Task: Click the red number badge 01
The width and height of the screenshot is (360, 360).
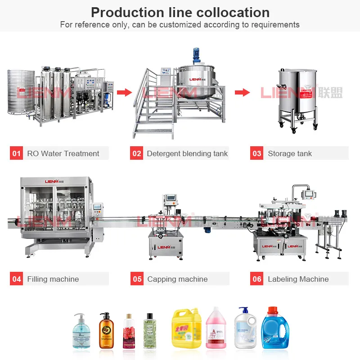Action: pos(17,153)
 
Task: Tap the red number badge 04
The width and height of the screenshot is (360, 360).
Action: pos(17,279)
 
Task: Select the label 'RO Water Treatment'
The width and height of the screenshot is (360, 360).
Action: pos(63,153)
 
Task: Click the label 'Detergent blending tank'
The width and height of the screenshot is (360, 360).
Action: pos(187,153)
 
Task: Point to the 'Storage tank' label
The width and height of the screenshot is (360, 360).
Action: pos(290,153)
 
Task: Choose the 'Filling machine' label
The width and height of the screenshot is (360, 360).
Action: pos(53,279)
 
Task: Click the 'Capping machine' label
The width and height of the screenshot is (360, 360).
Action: pos(177,279)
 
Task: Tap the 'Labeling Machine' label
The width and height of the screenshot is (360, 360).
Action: pos(298,279)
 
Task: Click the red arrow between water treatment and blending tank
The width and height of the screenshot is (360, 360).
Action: pos(124,93)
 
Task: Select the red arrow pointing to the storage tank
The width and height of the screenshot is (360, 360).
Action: pos(242,93)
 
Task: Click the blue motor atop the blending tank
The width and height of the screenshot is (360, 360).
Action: pos(196,56)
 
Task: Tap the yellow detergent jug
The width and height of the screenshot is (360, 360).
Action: pos(185,328)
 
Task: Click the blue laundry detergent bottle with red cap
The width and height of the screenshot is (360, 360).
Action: pos(275,329)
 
